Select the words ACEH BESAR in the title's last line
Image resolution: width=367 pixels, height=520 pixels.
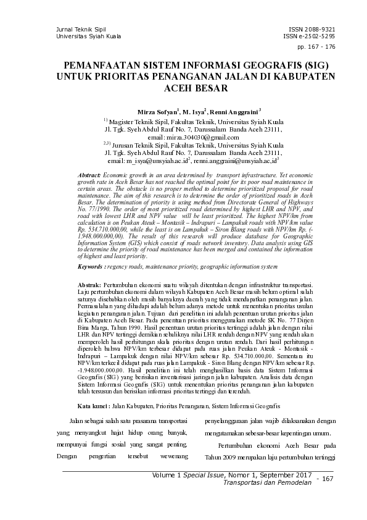(x=183, y=88)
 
